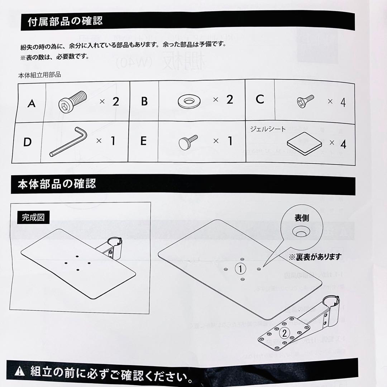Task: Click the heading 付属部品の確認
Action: tap(65, 21)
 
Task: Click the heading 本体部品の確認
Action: tap(57, 184)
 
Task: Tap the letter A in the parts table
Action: tap(32, 104)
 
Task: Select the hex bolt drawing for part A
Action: tap(73, 102)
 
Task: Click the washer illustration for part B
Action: tap(189, 102)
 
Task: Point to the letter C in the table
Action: tap(260, 99)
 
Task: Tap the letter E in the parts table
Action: tap(143, 141)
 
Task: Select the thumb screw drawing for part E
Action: tap(188, 142)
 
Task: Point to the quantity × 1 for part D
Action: tap(106, 141)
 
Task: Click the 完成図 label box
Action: tap(33, 217)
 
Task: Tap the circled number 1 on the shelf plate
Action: tap(241, 268)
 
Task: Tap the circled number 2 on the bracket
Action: tap(284, 333)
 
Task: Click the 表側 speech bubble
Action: tap(301, 225)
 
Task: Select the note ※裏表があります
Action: tap(315, 257)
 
